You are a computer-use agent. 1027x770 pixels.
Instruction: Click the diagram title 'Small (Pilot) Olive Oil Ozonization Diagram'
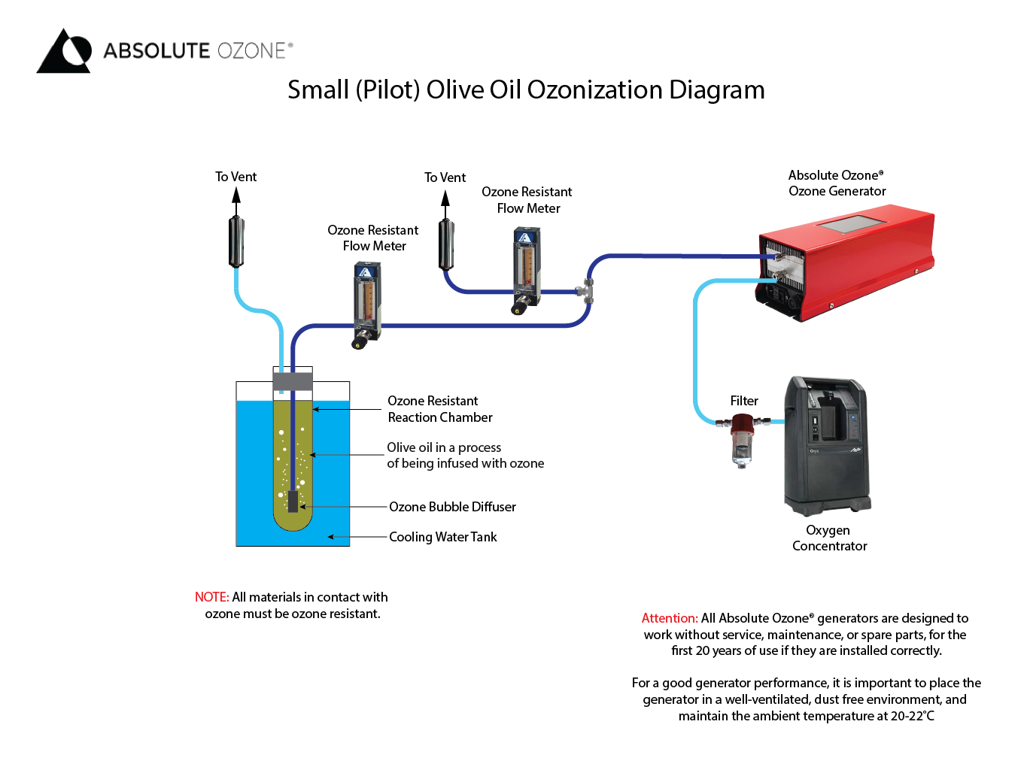[526, 89]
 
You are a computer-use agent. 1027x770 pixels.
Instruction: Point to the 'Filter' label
[744, 401]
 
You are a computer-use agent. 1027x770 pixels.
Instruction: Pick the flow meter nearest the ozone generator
[526, 271]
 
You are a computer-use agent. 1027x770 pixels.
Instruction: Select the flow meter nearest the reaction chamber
[366, 305]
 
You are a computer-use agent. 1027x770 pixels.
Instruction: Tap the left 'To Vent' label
[235, 177]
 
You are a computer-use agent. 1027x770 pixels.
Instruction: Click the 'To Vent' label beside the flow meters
[445, 177]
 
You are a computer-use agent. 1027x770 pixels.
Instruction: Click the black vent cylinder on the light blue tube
[236, 241]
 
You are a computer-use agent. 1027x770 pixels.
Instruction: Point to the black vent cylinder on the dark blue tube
[446, 244]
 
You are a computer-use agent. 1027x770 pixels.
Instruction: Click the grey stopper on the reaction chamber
[293, 381]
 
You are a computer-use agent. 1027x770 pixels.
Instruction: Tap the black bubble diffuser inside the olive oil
[293, 501]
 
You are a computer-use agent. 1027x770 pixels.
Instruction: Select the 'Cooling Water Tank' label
[442, 537]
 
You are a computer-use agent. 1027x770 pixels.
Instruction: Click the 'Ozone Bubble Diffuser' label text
[452, 507]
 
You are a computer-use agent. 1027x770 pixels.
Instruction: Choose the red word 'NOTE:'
[211, 597]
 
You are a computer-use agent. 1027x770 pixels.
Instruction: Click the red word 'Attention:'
[669, 618]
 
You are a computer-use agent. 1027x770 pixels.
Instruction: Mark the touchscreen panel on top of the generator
[850, 223]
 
